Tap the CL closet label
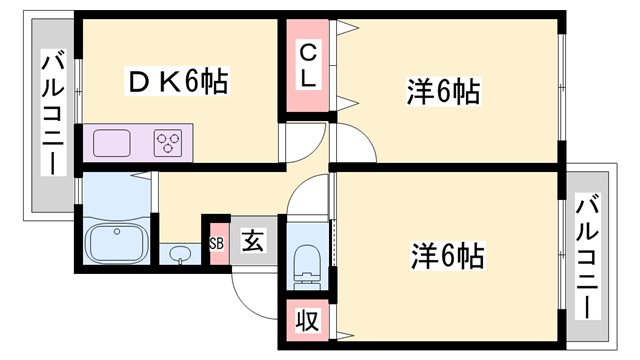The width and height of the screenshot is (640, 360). coord(308,62)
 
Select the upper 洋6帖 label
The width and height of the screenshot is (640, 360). coord(443,92)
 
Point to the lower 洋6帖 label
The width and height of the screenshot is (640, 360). coord(446,255)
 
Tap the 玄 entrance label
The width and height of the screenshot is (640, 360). coord(254,242)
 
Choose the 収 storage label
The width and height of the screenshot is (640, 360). coord(308,322)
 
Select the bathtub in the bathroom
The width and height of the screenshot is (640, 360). coord(115,243)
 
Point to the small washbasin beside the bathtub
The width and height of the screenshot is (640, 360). coord(180,253)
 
